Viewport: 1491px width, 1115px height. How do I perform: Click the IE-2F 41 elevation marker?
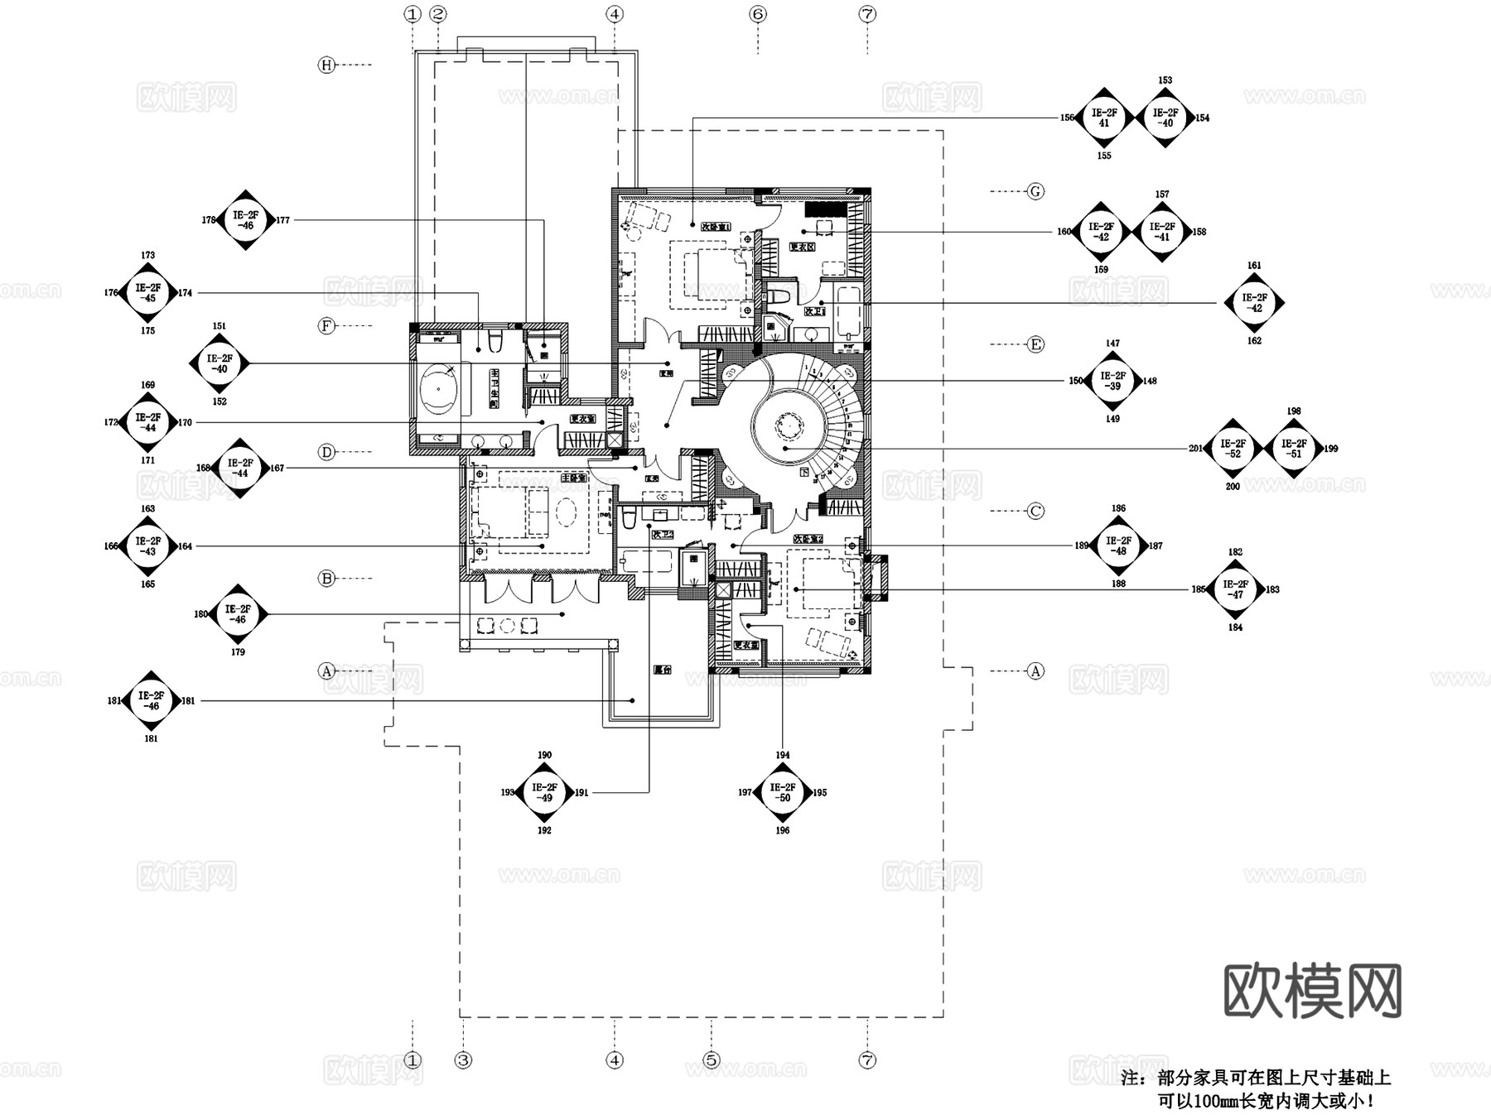pyautogui.click(x=1103, y=118)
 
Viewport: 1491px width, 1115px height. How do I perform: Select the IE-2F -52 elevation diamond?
pyautogui.click(x=1233, y=449)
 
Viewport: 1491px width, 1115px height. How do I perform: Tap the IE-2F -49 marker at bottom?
pyautogui.click(x=544, y=792)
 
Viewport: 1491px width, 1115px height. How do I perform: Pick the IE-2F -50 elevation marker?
pyautogui.click(x=783, y=792)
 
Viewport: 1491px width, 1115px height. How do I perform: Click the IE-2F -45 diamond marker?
pyautogui.click(x=148, y=292)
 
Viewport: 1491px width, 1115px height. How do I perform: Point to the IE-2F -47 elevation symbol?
pyautogui.click(x=1235, y=589)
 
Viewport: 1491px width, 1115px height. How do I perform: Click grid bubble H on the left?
pyautogui.click(x=326, y=65)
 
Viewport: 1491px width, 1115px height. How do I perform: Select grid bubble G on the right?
pyautogui.click(x=1035, y=191)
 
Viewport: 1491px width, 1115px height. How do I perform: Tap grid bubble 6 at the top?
pyautogui.click(x=758, y=14)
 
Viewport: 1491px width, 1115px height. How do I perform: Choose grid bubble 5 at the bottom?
pyautogui.click(x=711, y=1060)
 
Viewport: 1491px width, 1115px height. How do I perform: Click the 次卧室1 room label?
pyautogui.click(x=715, y=226)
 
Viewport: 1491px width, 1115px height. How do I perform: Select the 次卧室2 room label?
pyautogui.click(x=808, y=539)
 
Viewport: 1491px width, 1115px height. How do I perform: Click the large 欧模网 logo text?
pyautogui.click(x=1312, y=991)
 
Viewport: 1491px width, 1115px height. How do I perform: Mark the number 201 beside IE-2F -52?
pyautogui.click(x=1195, y=449)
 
